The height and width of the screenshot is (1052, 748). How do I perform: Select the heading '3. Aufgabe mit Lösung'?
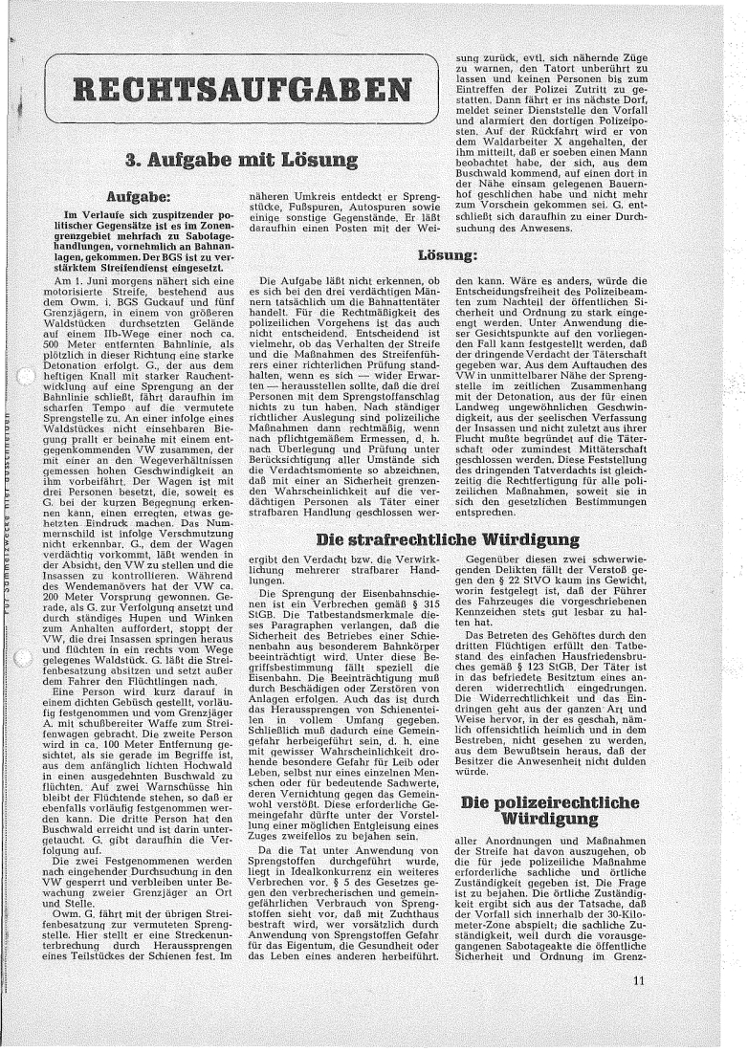(242, 159)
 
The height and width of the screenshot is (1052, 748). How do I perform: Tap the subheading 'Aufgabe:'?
(142, 195)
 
